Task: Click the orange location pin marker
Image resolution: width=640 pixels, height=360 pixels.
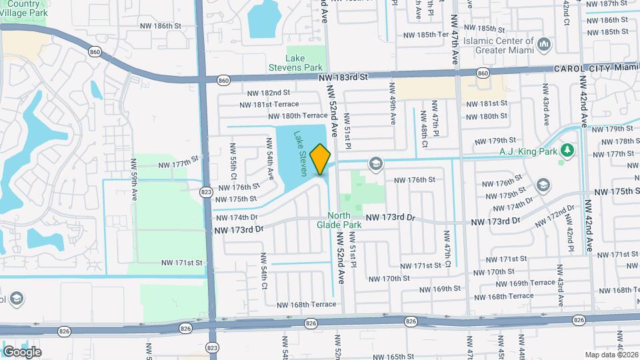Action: [x=321, y=159]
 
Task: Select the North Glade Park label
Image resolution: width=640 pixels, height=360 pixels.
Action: [x=344, y=220]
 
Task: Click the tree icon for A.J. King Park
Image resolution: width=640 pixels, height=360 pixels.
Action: [x=567, y=149]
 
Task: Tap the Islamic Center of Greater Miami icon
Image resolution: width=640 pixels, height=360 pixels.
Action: [x=545, y=45]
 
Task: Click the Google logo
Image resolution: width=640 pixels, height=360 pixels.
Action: [x=21, y=352]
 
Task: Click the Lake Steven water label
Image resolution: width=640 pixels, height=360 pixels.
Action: [x=300, y=153]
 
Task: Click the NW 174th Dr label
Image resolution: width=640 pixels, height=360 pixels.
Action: [x=236, y=217]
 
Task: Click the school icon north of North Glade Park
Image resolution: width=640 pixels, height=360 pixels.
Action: [x=375, y=163]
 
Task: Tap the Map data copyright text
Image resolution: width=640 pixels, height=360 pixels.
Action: [x=611, y=355]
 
